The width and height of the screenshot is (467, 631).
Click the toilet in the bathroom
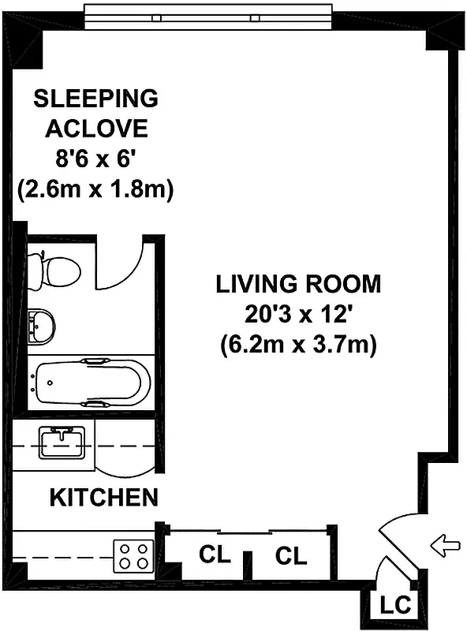pyautogui.click(x=55, y=269)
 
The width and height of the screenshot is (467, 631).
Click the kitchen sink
pyautogui.click(x=60, y=445)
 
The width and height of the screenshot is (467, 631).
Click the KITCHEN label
pyautogui.click(x=103, y=498)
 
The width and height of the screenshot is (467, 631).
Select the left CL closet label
pyautogui.click(x=214, y=554)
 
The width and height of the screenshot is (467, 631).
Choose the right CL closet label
pyautogui.click(x=291, y=556)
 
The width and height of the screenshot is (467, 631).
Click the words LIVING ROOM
pyautogui.click(x=299, y=284)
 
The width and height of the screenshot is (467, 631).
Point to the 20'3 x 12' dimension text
pyautogui.click(x=298, y=314)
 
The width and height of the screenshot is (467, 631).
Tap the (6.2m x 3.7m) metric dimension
pyautogui.click(x=298, y=345)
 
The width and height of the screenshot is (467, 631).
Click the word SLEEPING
pyautogui.click(x=95, y=99)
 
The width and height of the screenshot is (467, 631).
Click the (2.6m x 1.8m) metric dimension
pyautogui.click(x=95, y=190)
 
